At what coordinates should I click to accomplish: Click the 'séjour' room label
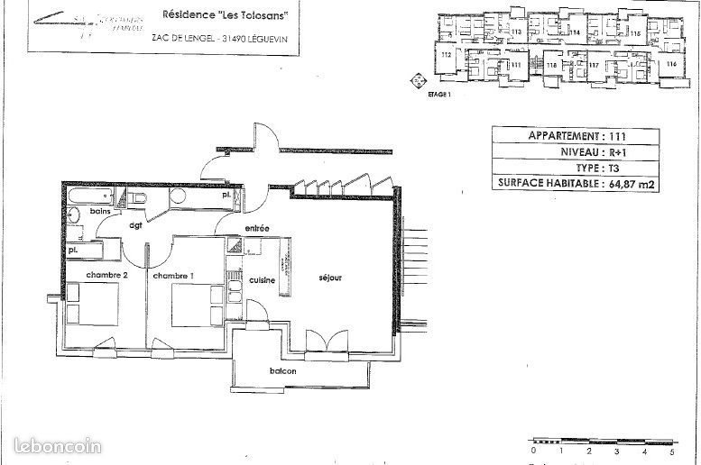tap(329, 278)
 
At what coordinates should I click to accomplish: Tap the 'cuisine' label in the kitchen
tap(262, 279)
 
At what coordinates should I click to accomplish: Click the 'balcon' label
tap(281, 371)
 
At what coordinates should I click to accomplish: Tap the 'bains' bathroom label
tap(99, 211)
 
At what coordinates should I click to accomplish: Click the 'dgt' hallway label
tap(136, 226)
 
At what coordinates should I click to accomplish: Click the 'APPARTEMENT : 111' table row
tap(576, 136)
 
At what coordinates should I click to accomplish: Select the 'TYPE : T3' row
tap(576, 168)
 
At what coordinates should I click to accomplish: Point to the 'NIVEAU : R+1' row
tap(576, 151)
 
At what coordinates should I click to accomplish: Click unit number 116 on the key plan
tap(670, 65)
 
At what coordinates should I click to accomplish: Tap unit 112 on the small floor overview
tap(446, 56)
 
